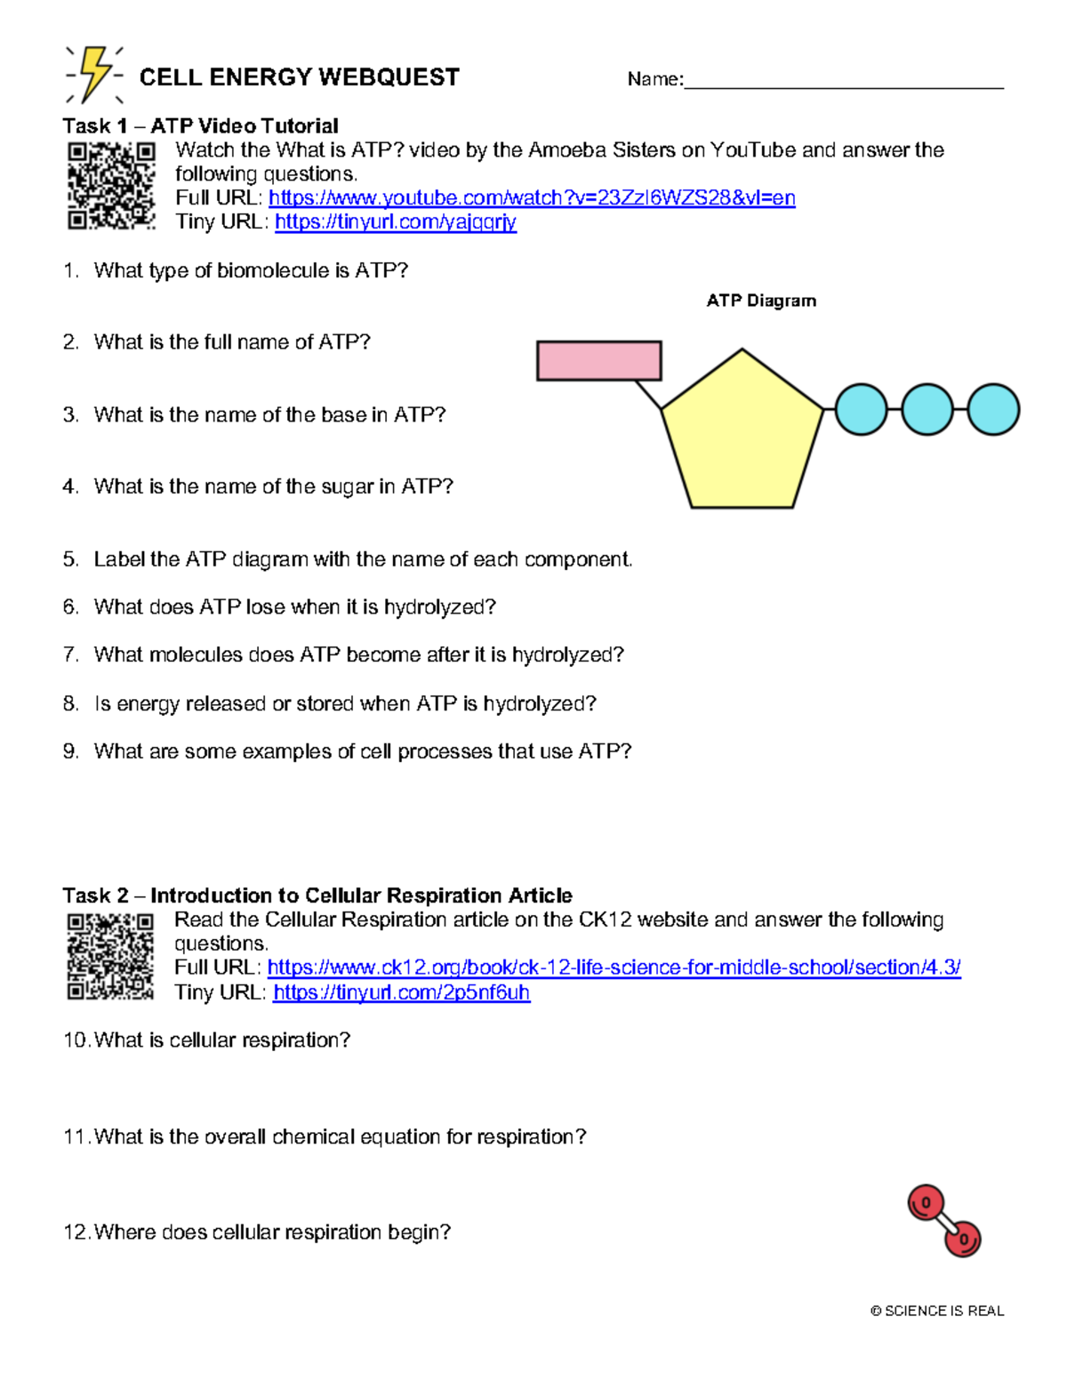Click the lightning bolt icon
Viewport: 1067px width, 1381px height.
point(94,75)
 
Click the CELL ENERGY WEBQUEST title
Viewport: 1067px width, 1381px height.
point(299,78)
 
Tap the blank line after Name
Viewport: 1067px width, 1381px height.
point(843,82)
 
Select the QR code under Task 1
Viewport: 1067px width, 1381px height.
point(111,186)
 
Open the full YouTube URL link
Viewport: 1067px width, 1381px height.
point(531,198)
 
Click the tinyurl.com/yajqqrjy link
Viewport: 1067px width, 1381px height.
point(395,222)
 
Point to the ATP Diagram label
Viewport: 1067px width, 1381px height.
point(761,301)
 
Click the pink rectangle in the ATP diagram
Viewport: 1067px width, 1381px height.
point(598,361)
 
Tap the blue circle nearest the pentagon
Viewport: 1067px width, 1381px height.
point(861,410)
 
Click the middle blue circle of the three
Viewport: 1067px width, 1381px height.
point(927,410)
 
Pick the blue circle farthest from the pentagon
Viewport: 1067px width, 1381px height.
point(992,410)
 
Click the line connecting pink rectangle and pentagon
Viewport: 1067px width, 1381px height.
point(648,395)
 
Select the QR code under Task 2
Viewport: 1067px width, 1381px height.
point(110,956)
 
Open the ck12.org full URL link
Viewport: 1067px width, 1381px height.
point(614,968)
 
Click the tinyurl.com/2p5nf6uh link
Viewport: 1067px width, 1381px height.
point(401,992)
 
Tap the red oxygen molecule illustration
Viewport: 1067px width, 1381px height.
point(943,1220)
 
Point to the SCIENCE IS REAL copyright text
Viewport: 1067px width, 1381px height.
point(937,1311)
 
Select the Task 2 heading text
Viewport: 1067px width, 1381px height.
point(317,895)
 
